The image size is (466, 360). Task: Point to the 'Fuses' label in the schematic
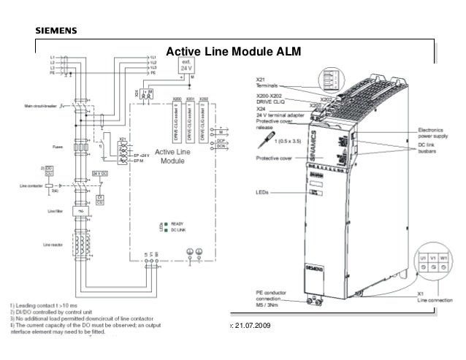click(59, 146)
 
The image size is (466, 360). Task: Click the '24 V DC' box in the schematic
click(101, 173)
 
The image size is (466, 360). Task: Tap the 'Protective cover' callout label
click(275, 157)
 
